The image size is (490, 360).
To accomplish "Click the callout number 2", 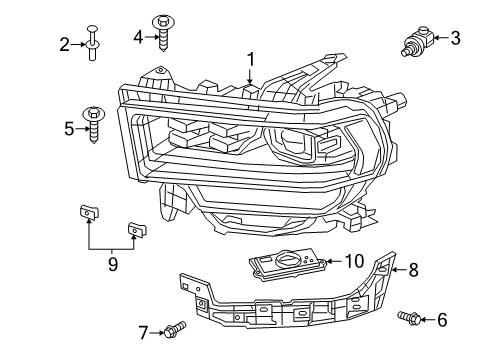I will pos(64,44).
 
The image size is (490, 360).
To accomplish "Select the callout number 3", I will pos(455,39).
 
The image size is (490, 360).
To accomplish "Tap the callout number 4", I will pos(138,37).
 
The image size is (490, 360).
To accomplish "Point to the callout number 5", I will pos(69,128).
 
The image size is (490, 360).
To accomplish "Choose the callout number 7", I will pos(143,330).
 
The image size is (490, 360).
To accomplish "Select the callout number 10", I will pos(353,261).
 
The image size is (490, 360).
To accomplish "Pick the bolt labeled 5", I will pos(95,123).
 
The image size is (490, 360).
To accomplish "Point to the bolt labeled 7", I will pos(174,326).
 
